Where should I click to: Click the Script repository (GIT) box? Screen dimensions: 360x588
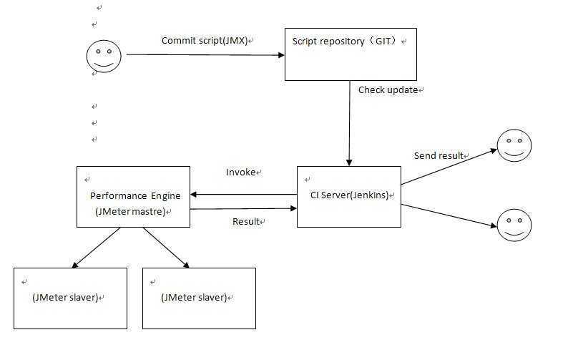pyautogui.click(x=351, y=54)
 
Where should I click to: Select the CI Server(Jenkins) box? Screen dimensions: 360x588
pyautogui.click(x=348, y=197)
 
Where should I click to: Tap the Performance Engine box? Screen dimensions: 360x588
pyautogui.click(x=133, y=197)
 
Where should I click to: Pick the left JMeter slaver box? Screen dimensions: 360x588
pyautogui.click(x=70, y=298)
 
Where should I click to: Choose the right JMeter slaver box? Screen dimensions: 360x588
pyautogui.click(x=199, y=298)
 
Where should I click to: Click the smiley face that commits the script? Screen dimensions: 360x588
pyautogui.click(x=103, y=55)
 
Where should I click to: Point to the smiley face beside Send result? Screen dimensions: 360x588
pyautogui.click(x=514, y=146)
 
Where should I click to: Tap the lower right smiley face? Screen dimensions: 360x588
pyautogui.click(x=514, y=225)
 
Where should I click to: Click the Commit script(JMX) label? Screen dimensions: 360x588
pyautogui.click(x=205, y=41)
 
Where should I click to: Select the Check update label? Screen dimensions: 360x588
pyautogui.click(x=388, y=90)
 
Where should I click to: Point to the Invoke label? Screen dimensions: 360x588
pyautogui.click(x=241, y=172)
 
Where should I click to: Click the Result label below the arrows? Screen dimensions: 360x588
pyautogui.click(x=246, y=222)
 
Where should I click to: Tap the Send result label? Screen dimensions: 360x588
pyautogui.click(x=438, y=156)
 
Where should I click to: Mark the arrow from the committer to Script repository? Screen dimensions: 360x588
pyautogui.click(x=205, y=54)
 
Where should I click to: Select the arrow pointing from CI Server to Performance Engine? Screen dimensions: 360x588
pyautogui.click(x=243, y=194)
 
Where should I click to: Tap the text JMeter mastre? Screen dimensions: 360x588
pyautogui.click(x=131, y=212)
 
